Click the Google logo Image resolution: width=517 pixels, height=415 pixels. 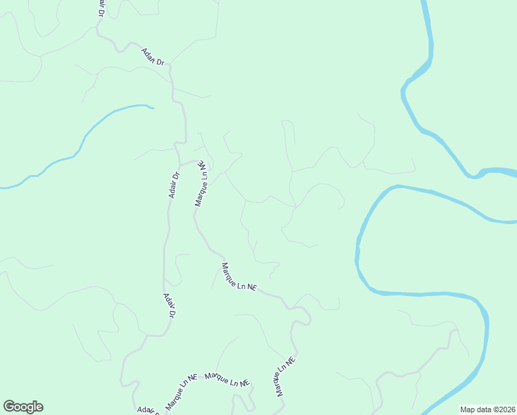pyautogui.click(x=23, y=407)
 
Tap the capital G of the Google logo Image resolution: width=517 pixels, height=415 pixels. pyautogui.click(x=9, y=407)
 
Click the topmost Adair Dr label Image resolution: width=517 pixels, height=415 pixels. pyautogui.click(x=153, y=57)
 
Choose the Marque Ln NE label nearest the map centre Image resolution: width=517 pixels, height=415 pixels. pyautogui.click(x=238, y=276)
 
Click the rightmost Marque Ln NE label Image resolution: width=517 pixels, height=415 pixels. pyautogui.click(x=285, y=377)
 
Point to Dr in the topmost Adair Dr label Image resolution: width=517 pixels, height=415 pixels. pyautogui.click(x=160, y=63)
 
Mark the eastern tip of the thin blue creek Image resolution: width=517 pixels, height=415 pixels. pyautogui.click(x=152, y=107)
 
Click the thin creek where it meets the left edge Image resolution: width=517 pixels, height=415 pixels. pyautogui.click(x=1, y=187)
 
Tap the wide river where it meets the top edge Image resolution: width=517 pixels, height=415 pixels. pyautogui.click(x=426, y=2)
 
